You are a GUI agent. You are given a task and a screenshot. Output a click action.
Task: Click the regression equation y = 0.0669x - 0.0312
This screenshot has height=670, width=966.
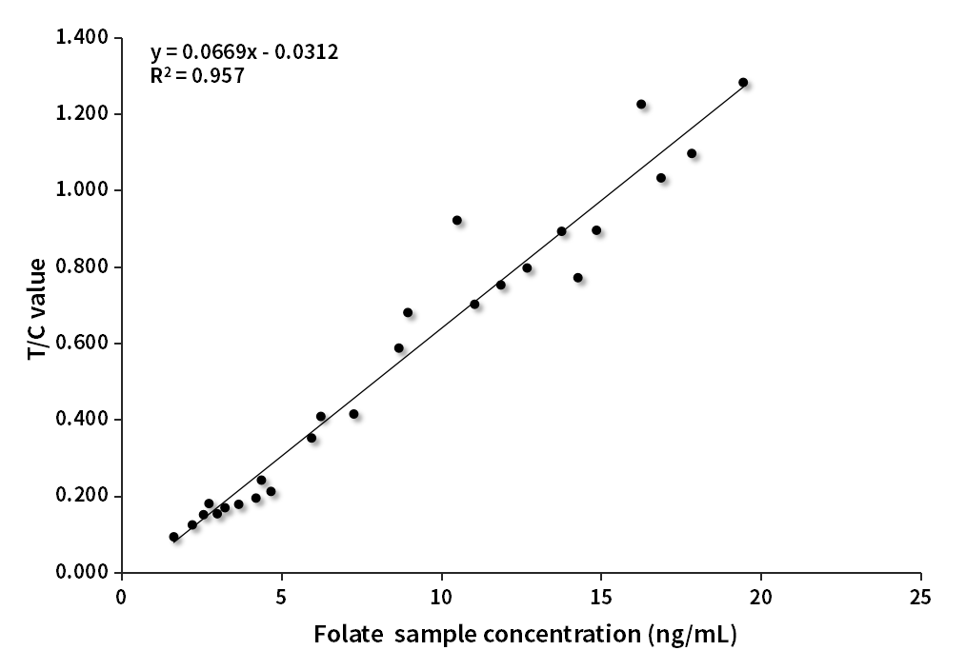click(x=244, y=50)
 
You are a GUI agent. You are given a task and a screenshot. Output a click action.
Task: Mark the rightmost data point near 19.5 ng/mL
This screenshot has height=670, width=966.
click(x=743, y=83)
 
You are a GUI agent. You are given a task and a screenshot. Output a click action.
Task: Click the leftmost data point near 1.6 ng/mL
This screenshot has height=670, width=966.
click(x=173, y=537)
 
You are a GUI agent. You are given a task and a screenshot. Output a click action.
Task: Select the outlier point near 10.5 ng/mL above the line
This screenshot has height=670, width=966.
click(x=457, y=220)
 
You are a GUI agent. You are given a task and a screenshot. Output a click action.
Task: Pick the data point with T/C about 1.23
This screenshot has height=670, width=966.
click(x=641, y=105)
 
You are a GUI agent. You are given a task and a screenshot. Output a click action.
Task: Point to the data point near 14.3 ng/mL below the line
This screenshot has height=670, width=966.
click(x=577, y=278)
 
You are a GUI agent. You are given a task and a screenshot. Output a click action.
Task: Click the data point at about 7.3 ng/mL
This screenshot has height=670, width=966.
click(x=353, y=414)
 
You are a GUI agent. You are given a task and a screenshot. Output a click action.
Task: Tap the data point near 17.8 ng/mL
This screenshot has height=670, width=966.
click(x=692, y=153)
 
